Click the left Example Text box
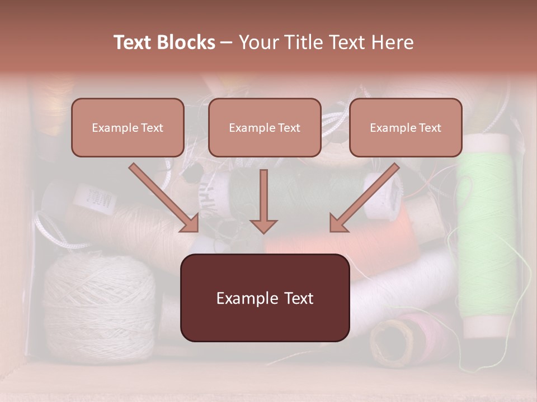click(x=128, y=127)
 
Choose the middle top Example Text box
click(x=265, y=127)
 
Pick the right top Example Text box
click(x=406, y=127)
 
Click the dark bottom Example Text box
click(x=265, y=298)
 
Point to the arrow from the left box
click(x=164, y=198)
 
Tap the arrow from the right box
click(x=364, y=198)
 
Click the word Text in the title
click(x=134, y=42)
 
